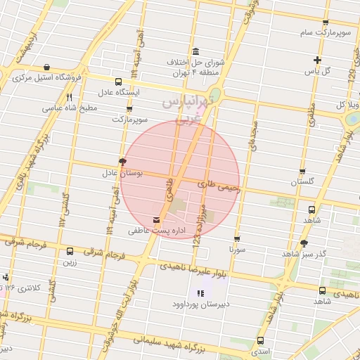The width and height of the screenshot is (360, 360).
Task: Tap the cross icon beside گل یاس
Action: click(x=318, y=60)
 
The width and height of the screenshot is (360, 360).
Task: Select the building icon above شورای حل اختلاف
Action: click(x=195, y=51)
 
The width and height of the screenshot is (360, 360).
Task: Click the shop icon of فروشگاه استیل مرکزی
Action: click(x=46, y=67)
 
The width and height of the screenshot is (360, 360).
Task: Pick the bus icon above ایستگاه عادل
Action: click(x=117, y=82)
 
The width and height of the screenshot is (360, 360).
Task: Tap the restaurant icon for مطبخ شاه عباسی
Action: click(x=69, y=98)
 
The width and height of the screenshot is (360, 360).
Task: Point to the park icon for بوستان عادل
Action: click(x=123, y=161)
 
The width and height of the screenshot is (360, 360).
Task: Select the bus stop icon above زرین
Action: click(x=70, y=251)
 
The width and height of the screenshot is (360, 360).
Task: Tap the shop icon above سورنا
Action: click(x=237, y=238)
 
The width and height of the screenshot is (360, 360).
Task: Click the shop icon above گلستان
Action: click(x=302, y=171)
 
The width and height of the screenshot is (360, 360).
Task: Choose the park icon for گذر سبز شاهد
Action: click(x=304, y=243)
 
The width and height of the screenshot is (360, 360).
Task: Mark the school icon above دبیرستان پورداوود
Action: click(x=200, y=293)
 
